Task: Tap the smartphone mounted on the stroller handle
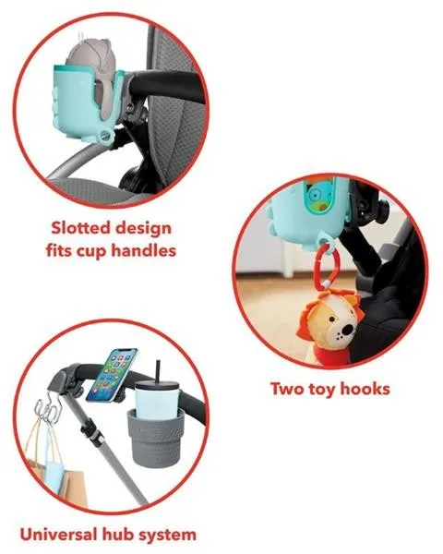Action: click(x=112, y=375)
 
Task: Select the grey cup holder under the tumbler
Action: click(x=156, y=438)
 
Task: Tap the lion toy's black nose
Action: click(x=347, y=331)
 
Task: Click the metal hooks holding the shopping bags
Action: click(x=48, y=410)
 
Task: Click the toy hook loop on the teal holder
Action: click(x=104, y=137)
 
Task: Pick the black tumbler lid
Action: click(x=157, y=386)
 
